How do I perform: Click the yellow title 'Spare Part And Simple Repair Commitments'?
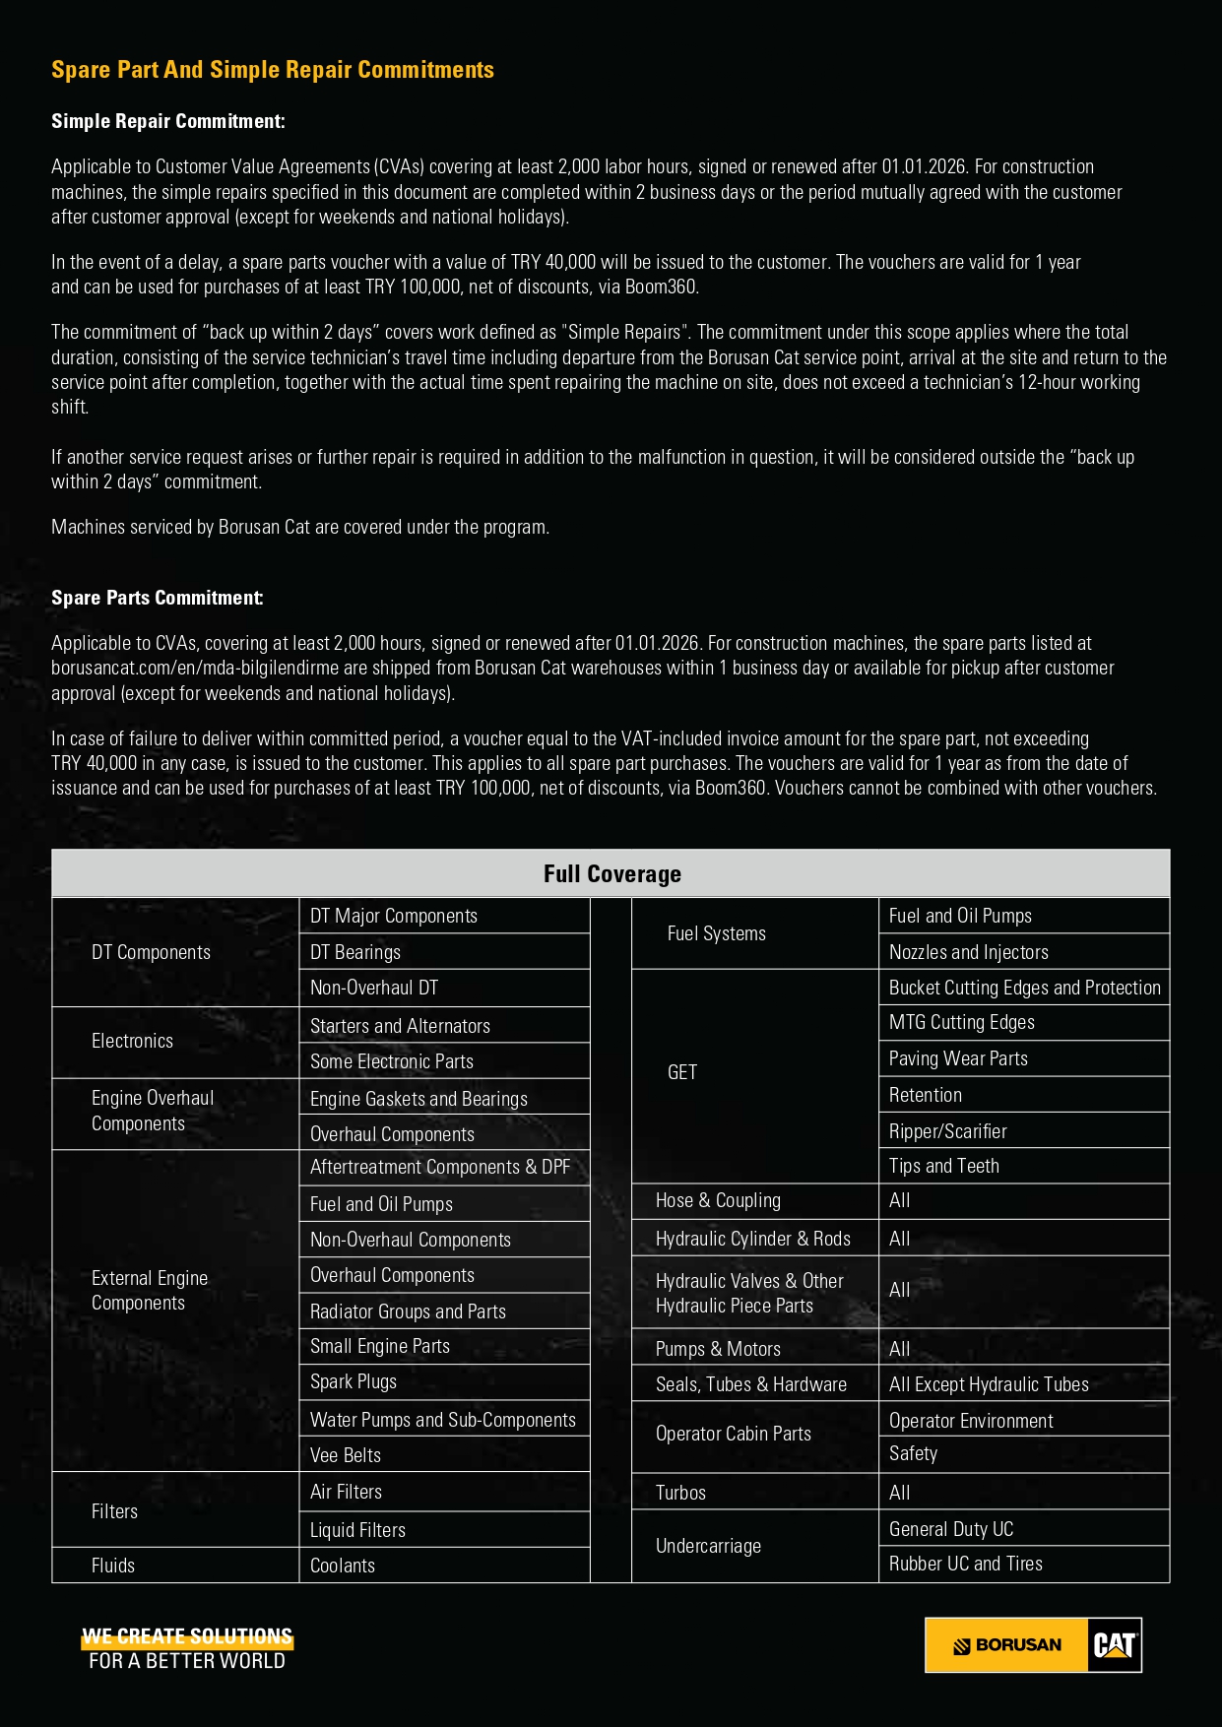(x=273, y=70)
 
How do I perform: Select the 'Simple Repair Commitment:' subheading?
(x=168, y=121)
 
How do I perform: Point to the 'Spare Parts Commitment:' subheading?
(x=158, y=598)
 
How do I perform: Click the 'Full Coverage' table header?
(x=611, y=873)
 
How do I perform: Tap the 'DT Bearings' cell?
(x=355, y=952)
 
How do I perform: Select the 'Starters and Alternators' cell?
(x=400, y=1026)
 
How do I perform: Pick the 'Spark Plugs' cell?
(x=354, y=1381)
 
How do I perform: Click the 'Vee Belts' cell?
(x=346, y=1455)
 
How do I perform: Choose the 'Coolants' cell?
(x=343, y=1566)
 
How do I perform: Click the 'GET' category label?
(x=682, y=1072)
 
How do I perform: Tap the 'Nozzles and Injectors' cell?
(x=969, y=952)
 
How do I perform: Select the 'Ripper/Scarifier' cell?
(x=948, y=1131)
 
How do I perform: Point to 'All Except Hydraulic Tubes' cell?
(x=989, y=1384)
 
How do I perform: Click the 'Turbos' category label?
(x=680, y=1493)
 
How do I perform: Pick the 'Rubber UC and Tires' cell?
(x=966, y=1564)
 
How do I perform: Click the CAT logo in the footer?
(x=1115, y=1645)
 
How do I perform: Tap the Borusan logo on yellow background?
(x=1006, y=1645)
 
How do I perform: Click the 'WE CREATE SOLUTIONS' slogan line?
(x=187, y=1636)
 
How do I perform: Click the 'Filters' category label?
(x=114, y=1511)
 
